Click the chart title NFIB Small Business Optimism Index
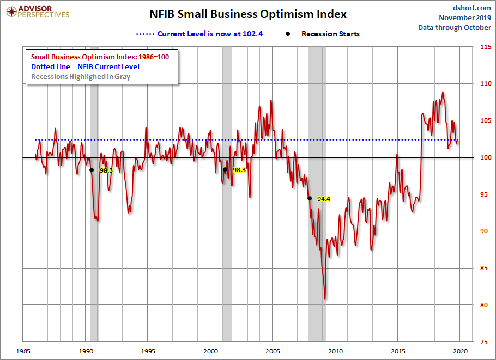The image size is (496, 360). point(248,15)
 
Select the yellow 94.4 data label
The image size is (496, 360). point(324,199)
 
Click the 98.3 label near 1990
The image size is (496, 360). point(106,170)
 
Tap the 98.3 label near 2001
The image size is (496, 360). point(239,170)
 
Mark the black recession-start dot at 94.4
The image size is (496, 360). point(310,198)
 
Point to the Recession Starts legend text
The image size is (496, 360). point(330,34)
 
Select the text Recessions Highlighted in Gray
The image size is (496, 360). point(81,76)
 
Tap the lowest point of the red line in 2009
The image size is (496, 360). point(325,298)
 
